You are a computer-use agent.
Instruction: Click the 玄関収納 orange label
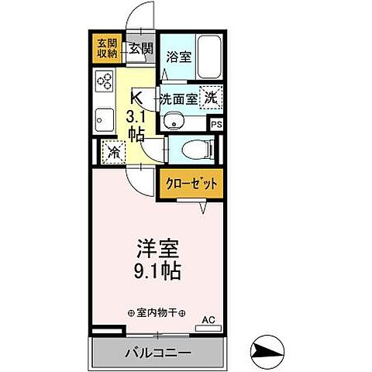pyautogui.click(x=107, y=47)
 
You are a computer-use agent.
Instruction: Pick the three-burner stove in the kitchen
pyautogui.click(x=105, y=81)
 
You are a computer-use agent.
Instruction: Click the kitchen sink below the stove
pyautogui.click(x=102, y=120)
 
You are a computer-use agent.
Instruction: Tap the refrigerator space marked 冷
pyautogui.click(x=113, y=152)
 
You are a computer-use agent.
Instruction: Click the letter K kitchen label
pyautogui.click(x=136, y=98)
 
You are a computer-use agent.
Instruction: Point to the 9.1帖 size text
pyautogui.click(x=159, y=273)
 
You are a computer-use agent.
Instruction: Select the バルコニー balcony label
pyautogui.click(x=157, y=353)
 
